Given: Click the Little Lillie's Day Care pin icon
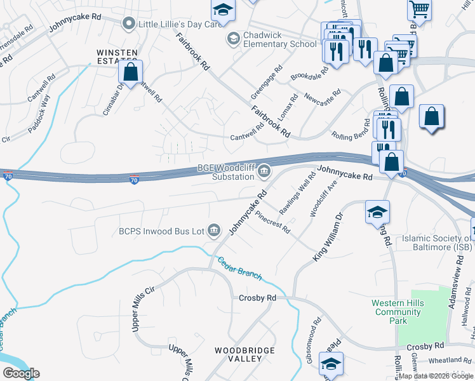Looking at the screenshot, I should tap(129, 24).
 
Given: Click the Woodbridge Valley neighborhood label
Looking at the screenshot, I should tap(244, 354).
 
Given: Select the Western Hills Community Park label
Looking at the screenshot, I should tap(398, 312).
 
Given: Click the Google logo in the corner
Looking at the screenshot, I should tap(21, 373).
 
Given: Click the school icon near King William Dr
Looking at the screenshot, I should tap(377, 212).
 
